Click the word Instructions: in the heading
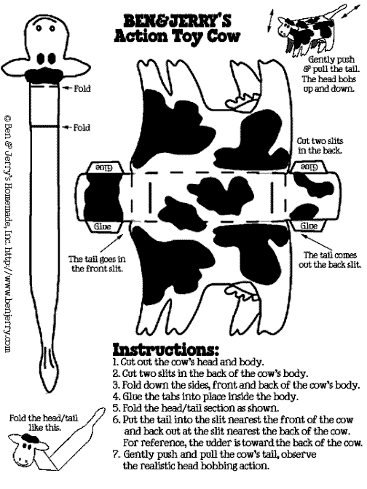[165, 349]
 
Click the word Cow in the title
[224, 36]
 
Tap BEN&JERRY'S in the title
[177, 21]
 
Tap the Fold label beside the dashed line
[82, 89]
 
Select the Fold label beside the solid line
[82, 127]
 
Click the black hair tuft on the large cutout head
[44, 74]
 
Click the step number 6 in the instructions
[116, 420]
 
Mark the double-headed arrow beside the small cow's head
[270, 20]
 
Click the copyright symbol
[8, 119]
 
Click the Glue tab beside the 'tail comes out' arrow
[309, 226]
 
